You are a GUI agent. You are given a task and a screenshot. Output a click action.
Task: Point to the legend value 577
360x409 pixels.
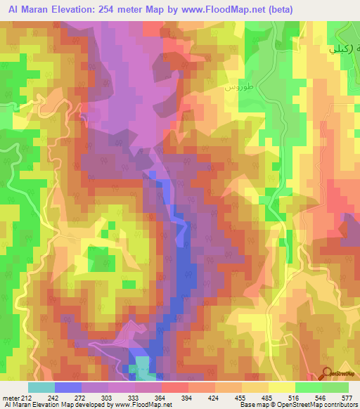[347, 397]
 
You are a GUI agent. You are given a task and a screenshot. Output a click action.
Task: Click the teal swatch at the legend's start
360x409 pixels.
[41, 387]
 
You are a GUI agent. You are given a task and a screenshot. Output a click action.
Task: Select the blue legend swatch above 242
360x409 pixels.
[67, 387]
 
